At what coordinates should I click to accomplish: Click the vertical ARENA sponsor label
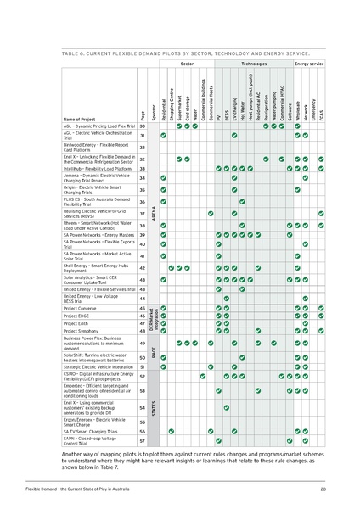tap(154, 217)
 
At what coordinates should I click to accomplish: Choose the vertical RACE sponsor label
tap(154, 352)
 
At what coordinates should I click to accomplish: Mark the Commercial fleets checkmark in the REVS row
tap(211, 214)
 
